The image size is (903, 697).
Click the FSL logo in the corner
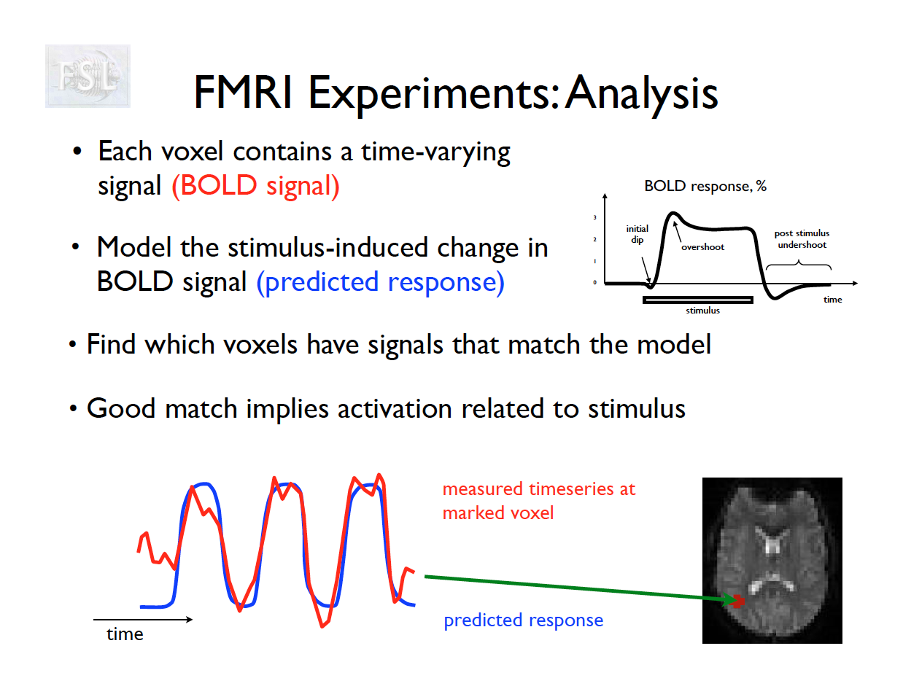[88, 76]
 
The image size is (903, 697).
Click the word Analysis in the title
[642, 93]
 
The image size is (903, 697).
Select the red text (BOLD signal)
[255, 186]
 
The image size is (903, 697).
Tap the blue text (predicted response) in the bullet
[380, 282]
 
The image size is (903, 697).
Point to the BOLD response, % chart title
[705, 186]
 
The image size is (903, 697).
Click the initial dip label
[637, 234]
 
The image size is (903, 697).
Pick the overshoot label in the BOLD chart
[702, 247]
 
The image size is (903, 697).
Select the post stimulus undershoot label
[802, 239]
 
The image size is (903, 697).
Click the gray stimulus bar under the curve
[697, 300]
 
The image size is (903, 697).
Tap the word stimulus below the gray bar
[702, 311]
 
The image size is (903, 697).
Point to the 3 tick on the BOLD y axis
[594, 217]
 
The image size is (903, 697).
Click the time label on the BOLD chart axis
[832, 300]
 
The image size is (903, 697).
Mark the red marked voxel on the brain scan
[738, 601]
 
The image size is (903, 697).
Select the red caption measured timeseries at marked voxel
[538, 501]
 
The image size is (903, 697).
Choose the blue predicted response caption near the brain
[523, 620]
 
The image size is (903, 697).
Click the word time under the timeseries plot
[125, 634]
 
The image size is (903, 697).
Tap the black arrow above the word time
[142, 620]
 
